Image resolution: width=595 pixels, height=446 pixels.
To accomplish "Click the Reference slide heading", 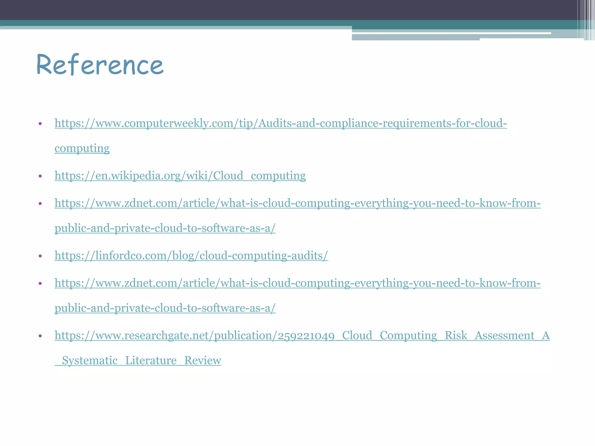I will click(x=100, y=65).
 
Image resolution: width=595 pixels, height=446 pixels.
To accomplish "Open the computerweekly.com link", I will click(x=280, y=123).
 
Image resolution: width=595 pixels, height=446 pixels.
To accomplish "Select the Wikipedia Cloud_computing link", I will click(x=180, y=176).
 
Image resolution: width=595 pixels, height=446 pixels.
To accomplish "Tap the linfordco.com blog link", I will click(x=191, y=256).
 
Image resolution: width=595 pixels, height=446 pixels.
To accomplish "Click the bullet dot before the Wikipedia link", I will click(x=40, y=176).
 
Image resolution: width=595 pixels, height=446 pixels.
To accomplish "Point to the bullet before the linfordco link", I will click(x=40, y=256).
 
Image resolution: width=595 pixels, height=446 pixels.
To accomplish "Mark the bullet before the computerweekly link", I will click(x=40, y=124).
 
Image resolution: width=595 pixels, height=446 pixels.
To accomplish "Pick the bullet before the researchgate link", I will click(x=40, y=336).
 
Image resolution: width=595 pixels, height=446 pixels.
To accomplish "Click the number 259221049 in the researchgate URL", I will click(x=306, y=336).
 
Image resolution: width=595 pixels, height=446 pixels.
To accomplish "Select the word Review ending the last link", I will click(x=202, y=360).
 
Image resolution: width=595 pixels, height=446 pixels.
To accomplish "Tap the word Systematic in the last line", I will click(x=90, y=360).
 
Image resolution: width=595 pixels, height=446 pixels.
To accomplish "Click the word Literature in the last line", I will click(x=151, y=360).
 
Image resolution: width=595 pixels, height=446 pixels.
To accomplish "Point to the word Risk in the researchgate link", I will click(x=456, y=335).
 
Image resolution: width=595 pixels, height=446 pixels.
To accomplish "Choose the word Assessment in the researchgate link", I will click(x=505, y=335).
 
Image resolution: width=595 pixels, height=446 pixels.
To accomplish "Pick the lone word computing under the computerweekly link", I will click(x=82, y=148).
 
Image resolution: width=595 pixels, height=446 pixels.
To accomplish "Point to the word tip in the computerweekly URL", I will click(x=246, y=123).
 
